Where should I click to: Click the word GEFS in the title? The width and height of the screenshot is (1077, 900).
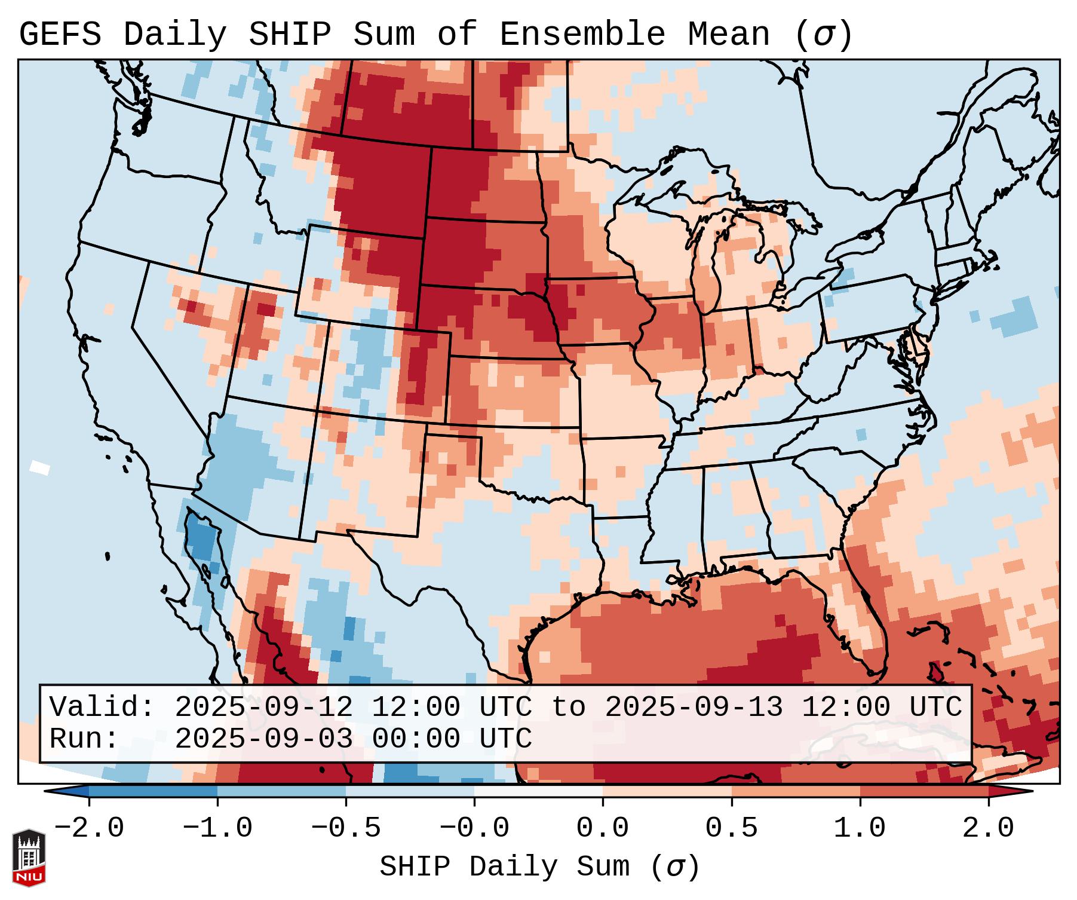(60, 35)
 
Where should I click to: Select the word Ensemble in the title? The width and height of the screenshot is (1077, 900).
(582, 35)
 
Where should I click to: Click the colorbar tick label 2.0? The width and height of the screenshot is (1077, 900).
(988, 828)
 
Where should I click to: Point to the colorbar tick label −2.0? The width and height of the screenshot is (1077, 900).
(88, 828)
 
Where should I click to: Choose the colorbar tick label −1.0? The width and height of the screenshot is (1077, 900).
(217, 828)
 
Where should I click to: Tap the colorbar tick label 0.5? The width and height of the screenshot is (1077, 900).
(731, 828)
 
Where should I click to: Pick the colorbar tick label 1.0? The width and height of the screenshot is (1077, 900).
(860, 828)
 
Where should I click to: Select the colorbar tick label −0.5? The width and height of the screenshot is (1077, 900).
(346, 828)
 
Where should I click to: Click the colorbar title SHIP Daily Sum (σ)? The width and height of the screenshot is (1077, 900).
(539, 867)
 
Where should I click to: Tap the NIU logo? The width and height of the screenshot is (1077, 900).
(29, 858)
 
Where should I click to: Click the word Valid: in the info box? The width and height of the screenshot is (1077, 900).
(102, 707)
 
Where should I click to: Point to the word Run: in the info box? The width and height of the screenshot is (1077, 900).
(84, 739)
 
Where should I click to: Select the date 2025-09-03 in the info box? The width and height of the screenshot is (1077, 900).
(263, 739)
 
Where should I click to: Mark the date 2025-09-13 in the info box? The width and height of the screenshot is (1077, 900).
(694, 707)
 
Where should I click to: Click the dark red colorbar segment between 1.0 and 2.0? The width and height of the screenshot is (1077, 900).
(924, 791)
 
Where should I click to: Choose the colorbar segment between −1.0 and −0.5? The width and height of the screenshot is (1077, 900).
(281, 791)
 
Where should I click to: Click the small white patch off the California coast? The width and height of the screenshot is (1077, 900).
(40, 467)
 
